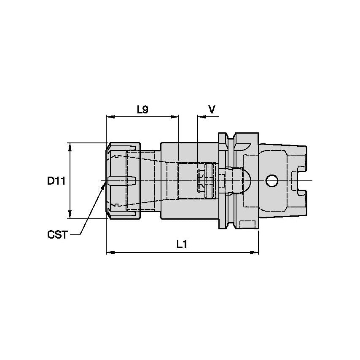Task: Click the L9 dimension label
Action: point(142,110)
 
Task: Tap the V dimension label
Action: point(212,110)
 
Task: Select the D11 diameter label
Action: point(56,181)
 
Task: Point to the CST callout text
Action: point(57,234)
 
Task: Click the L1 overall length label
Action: point(182,244)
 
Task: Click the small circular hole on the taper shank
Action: point(272,181)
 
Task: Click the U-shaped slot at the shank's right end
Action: point(300,181)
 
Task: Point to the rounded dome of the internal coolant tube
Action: point(246,181)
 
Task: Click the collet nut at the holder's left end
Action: point(123,181)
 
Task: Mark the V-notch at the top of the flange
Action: point(231,136)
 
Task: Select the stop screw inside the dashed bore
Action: point(204,181)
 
